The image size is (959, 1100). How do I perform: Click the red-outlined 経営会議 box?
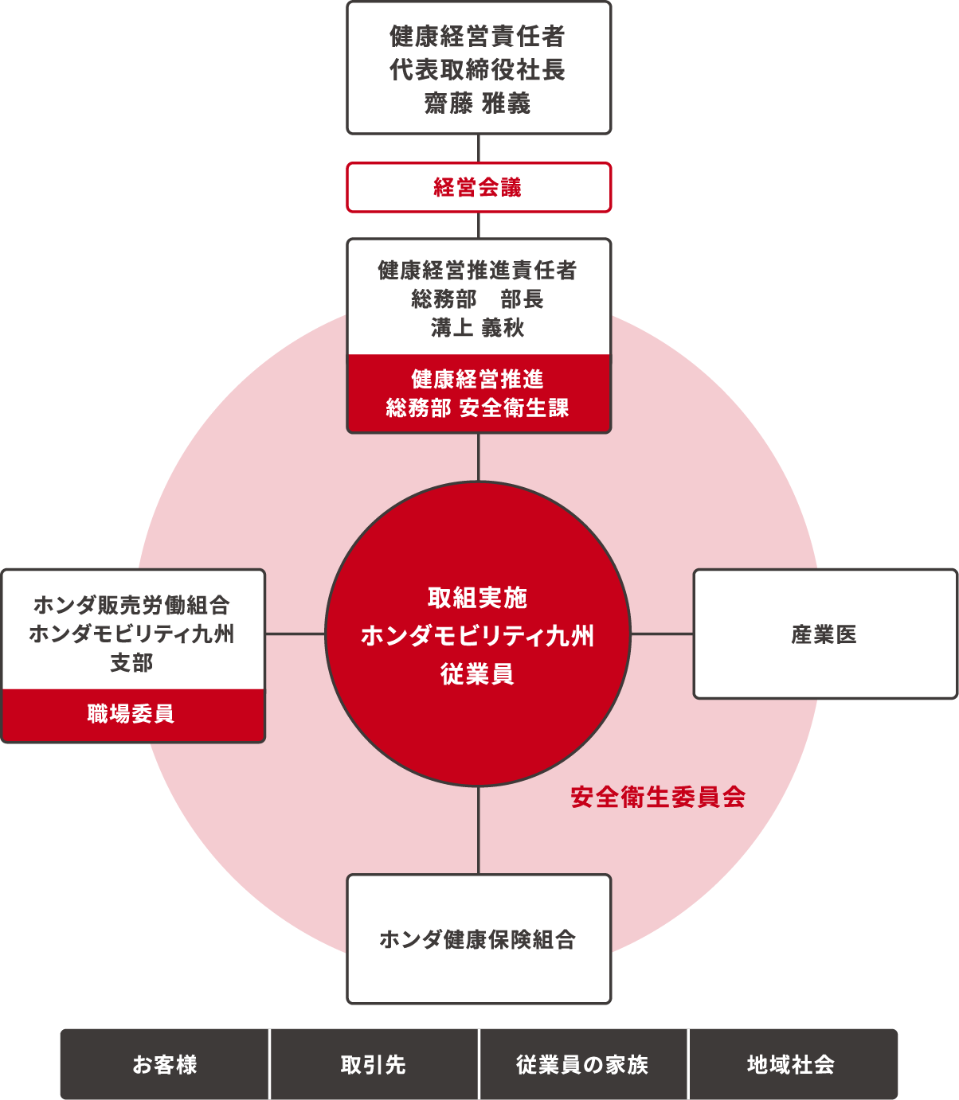[479, 187]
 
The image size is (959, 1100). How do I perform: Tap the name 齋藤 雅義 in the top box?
[478, 103]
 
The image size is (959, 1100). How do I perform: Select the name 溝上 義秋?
[478, 327]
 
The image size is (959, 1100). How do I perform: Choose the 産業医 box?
[826, 634]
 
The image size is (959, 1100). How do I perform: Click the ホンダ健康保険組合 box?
[479, 939]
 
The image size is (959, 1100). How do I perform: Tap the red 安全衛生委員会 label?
[658, 797]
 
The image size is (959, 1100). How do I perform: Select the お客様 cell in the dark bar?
[165, 1064]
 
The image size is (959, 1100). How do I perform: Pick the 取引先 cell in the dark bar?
[374, 1064]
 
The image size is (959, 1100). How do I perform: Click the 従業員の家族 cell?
[582, 1064]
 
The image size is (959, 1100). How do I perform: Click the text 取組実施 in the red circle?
[478, 597]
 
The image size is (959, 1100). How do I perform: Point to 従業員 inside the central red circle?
[478, 673]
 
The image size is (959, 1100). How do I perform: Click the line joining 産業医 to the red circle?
[662, 634]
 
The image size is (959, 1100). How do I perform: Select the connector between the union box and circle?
[296, 634]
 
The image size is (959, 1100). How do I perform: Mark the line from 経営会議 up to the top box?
[479, 148]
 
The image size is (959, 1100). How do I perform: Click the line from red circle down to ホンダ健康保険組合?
[479, 831]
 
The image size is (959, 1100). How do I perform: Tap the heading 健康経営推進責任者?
[478, 270]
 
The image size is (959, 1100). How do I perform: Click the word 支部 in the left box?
[131, 662]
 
